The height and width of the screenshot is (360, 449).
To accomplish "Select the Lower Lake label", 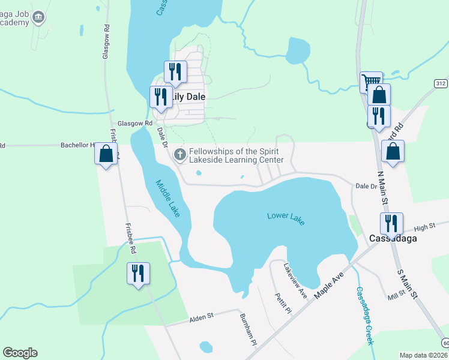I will click(286, 218).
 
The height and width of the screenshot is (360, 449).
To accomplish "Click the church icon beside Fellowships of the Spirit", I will click(179, 155).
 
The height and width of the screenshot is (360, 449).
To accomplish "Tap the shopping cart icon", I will click(370, 81).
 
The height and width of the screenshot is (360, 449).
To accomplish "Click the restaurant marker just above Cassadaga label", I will click(391, 223).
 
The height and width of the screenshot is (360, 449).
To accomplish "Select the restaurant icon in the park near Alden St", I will click(138, 274).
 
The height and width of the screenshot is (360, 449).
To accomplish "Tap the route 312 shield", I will click(441, 83).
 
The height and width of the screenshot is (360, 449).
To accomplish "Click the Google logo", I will click(20, 353).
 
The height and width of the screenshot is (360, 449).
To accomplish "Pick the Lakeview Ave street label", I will click(295, 281).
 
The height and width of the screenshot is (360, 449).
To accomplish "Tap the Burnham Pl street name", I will click(247, 329).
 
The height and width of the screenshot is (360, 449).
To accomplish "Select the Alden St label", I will click(202, 316).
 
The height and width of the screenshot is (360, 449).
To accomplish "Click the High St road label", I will click(424, 227).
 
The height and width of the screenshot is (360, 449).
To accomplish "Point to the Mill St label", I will click(396, 296).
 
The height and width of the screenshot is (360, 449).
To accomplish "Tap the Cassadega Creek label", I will click(365, 316).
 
